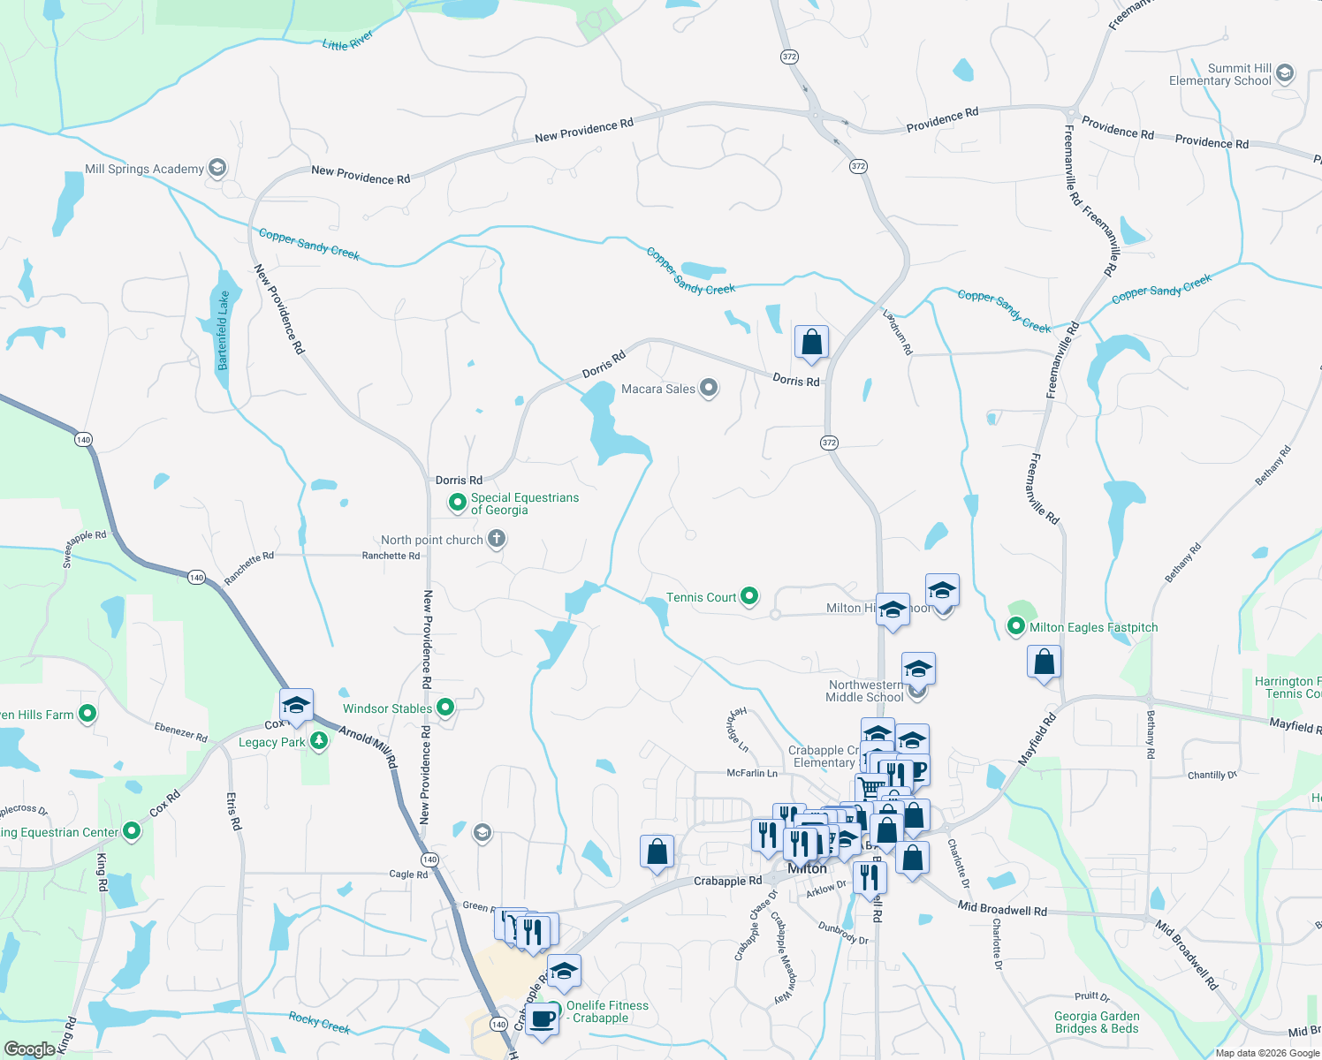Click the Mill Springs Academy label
point(144,169)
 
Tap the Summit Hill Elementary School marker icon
point(1285,73)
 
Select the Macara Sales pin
point(709,388)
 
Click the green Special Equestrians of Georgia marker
point(458,503)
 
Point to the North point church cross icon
point(497,539)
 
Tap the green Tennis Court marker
point(749,596)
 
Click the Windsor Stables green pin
point(446,707)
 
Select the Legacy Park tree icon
point(319,741)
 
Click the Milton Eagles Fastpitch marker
point(1016,626)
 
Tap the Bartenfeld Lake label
point(224,329)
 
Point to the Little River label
point(347,41)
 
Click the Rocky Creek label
point(319,1022)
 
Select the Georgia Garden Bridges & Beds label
point(1096,1022)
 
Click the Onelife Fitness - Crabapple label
point(607,1011)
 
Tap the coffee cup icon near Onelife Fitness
point(542,1019)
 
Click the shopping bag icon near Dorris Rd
point(811,342)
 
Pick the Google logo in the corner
point(29,1049)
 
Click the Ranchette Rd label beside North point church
point(391,556)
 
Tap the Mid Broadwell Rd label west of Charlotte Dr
point(1002,908)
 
